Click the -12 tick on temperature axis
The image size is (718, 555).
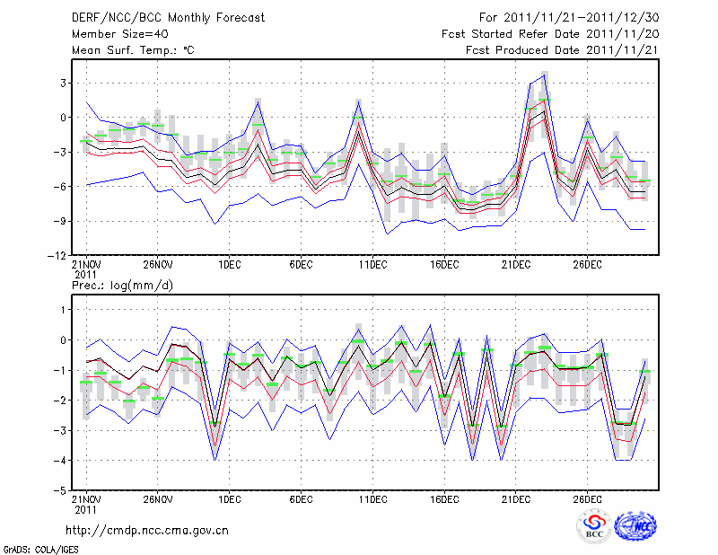[59, 256]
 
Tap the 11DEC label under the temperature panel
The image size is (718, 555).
[372, 264]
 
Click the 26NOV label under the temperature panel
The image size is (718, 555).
[157, 264]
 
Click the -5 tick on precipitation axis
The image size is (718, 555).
[62, 491]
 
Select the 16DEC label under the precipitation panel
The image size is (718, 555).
[444, 499]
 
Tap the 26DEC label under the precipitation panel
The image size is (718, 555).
[588, 499]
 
